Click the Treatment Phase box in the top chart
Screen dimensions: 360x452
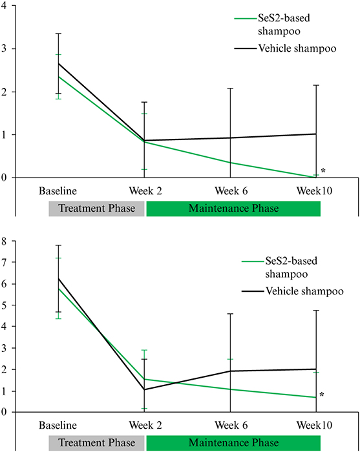coord(96,209)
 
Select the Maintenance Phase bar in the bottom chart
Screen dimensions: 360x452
coord(233,443)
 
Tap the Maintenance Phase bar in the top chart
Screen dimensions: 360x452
coord(233,209)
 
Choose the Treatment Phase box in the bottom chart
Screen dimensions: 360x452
coord(96,443)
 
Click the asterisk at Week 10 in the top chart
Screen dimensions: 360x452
coord(323,171)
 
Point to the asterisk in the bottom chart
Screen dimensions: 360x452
coord(322,395)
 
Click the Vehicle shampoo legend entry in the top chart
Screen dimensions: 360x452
coord(285,48)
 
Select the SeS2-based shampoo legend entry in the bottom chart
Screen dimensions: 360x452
coord(279,267)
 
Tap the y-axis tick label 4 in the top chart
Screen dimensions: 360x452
coord(4,5)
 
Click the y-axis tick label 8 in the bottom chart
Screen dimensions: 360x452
coord(4,241)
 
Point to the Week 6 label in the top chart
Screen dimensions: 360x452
coord(231,191)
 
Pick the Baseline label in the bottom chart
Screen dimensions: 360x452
coord(58,425)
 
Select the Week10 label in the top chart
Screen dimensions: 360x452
coord(314,191)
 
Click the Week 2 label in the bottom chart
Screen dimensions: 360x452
coord(145,425)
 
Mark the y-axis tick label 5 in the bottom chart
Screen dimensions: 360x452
coord(4,305)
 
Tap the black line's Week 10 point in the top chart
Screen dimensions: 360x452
coord(316,134)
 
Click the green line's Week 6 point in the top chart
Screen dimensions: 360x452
coord(230,163)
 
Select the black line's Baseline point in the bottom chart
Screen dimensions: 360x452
coord(59,279)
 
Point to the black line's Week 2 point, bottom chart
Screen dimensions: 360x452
coord(144,390)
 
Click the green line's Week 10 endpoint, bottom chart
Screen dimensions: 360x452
coord(316,398)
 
